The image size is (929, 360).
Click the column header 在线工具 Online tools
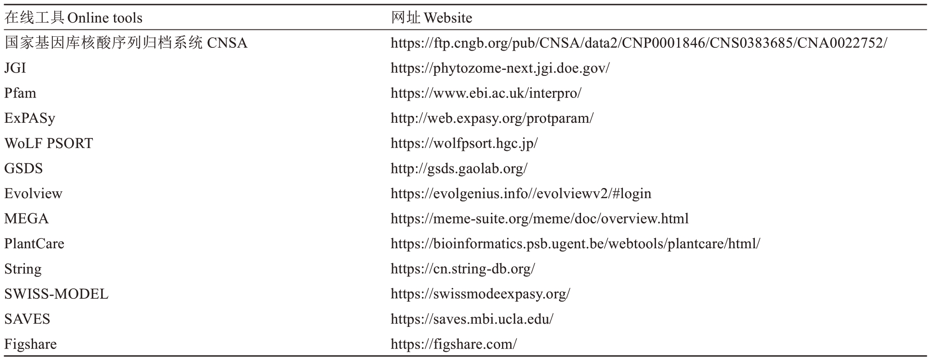click(74, 18)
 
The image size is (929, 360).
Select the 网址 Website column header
click(431, 18)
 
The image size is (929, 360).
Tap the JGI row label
click(15, 68)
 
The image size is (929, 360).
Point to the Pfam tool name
click(20, 93)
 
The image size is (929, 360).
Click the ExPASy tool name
click(30, 119)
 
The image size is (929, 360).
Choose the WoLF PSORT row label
click(49, 143)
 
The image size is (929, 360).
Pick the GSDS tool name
click(23, 169)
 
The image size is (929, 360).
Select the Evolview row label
click(33, 194)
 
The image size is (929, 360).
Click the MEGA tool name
click(26, 219)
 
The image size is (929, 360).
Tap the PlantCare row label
click(34, 244)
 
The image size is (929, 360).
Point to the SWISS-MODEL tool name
click(57, 294)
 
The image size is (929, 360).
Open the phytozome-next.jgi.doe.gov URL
click(500, 69)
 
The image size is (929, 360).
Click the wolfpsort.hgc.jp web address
click(464, 144)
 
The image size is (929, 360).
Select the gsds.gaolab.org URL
click(459, 169)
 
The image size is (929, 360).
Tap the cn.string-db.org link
click(463, 269)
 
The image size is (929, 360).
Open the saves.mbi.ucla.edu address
click(472, 319)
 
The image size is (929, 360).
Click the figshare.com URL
click(454, 344)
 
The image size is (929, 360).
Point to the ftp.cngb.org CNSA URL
click(639, 43)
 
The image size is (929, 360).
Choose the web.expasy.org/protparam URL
click(492, 119)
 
